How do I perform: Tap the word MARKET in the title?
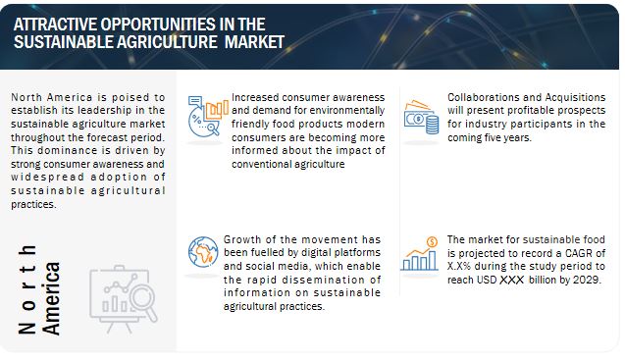click(254, 42)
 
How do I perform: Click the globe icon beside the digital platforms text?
click(203, 252)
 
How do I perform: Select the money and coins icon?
click(421, 117)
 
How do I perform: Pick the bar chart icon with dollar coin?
click(419, 253)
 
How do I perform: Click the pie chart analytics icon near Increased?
click(208, 117)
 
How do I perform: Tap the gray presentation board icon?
click(124, 298)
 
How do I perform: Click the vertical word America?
click(51, 298)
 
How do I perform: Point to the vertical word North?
click(27, 289)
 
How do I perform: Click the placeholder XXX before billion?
click(512, 280)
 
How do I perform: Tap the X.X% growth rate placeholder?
click(459, 266)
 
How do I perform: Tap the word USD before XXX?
click(487, 280)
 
